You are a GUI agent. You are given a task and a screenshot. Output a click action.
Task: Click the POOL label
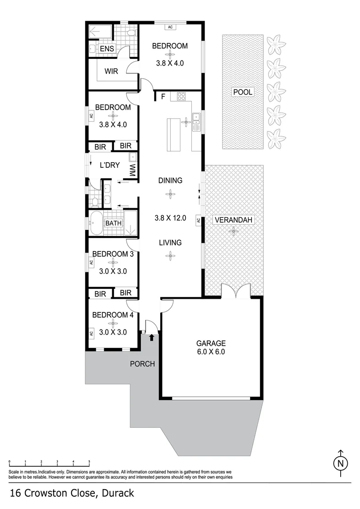click(x=243, y=92)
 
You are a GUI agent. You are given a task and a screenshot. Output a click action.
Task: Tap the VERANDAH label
click(x=234, y=220)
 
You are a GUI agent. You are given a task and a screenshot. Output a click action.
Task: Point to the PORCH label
click(x=142, y=364)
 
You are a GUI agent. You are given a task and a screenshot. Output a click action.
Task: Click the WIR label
click(x=111, y=71)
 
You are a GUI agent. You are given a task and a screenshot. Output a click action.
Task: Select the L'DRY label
click(x=109, y=165)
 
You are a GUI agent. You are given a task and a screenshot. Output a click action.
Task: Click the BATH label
click(x=113, y=223)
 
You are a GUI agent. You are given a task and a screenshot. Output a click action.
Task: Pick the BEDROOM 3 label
click(x=113, y=254)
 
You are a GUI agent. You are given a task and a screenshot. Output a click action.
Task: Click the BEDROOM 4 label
click(x=113, y=315)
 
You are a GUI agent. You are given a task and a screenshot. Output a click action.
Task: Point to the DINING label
click(x=170, y=181)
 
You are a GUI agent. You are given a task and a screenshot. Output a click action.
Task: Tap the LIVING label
click(x=170, y=243)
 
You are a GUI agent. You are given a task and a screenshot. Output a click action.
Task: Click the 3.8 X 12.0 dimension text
click(x=171, y=218)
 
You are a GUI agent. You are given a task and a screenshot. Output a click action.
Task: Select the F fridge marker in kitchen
click(x=163, y=97)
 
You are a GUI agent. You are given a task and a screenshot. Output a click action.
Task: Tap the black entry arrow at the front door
click(x=151, y=337)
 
